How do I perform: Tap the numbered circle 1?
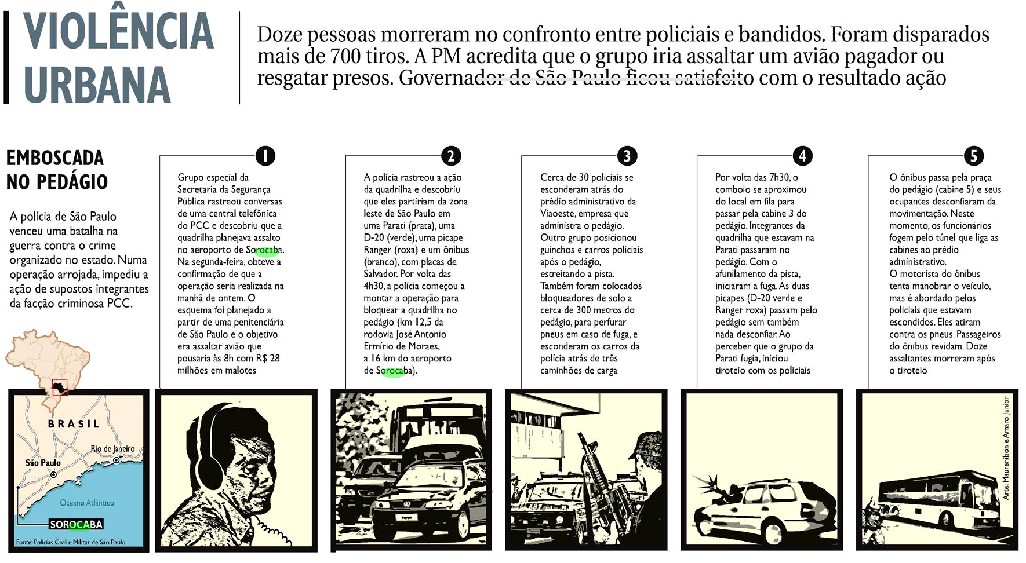(x=265, y=156)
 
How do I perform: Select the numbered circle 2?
(x=450, y=156)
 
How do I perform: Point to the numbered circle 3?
(x=627, y=156)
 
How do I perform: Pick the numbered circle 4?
(x=802, y=156)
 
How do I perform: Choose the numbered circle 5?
(x=974, y=156)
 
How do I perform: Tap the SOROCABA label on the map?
(x=76, y=524)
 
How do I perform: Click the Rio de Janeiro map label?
(x=113, y=449)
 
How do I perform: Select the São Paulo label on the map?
(x=43, y=463)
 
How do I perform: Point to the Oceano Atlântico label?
(x=87, y=503)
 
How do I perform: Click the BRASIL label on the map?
(x=74, y=424)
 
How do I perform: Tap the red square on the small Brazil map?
(x=60, y=386)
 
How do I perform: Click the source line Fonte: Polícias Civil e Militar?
(x=71, y=542)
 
